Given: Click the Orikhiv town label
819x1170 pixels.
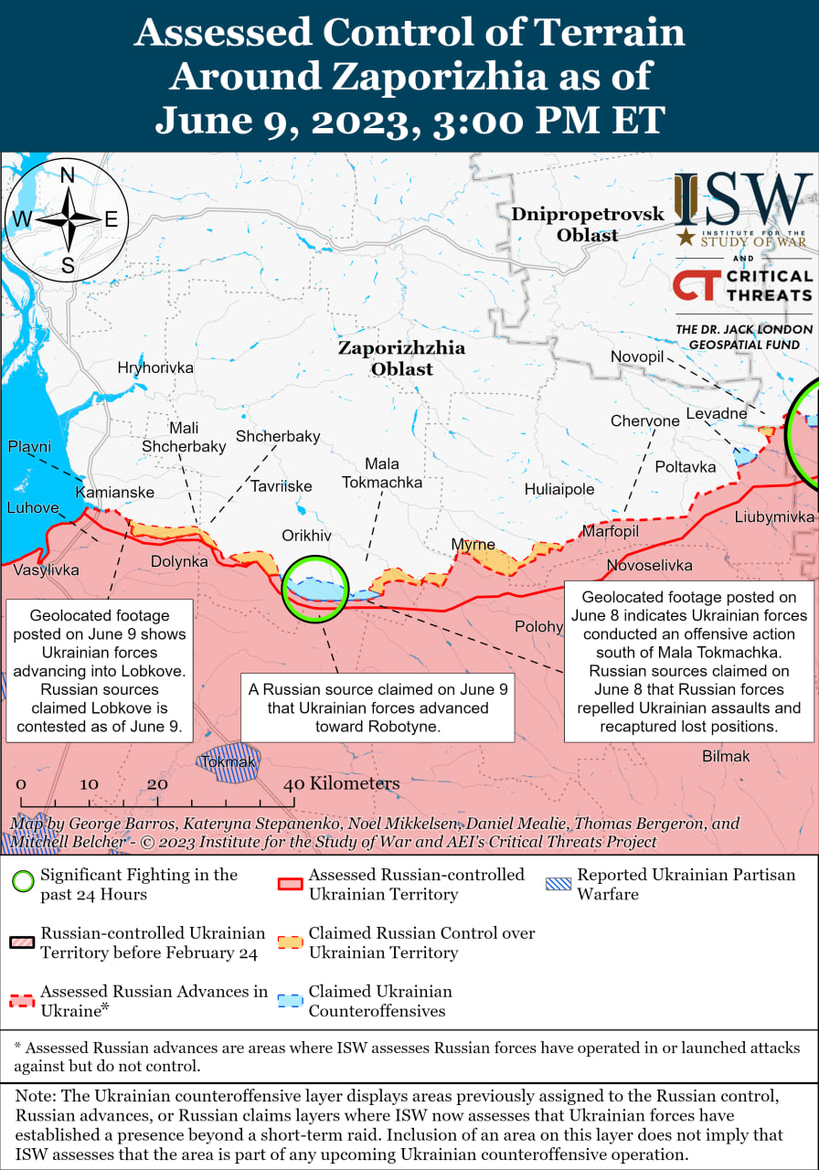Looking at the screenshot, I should pyautogui.click(x=305, y=536).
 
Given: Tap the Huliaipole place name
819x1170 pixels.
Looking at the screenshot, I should pyautogui.click(x=559, y=489).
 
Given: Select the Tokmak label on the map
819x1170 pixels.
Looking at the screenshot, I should pyautogui.click(x=228, y=761).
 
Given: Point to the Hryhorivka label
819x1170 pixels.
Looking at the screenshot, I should pyautogui.click(x=155, y=367).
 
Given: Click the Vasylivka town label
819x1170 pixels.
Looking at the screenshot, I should pyautogui.click(x=46, y=569).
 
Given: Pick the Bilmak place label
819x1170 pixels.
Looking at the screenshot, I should pyautogui.click(x=726, y=756).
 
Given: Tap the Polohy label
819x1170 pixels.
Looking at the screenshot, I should pyautogui.click(x=538, y=626).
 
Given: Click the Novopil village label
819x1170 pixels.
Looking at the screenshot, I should pyautogui.click(x=637, y=356).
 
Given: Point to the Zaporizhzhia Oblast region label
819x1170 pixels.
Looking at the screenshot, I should pyautogui.click(x=401, y=358).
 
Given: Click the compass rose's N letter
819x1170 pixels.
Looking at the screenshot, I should pyautogui.click(x=68, y=176).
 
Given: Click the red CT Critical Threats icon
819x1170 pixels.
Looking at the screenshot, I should pyautogui.click(x=696, y=285).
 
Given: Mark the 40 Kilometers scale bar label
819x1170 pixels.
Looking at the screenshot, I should pyautogui.click(x=343, y=783).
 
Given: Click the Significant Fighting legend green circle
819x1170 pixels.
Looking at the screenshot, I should pyautogui.click(x=24, y=883).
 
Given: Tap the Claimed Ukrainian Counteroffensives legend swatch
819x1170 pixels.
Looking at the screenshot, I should pyautogui.click(x=290, y=1000).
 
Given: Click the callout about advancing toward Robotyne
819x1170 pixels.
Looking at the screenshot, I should pyautogui.click(x=378, y=707).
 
